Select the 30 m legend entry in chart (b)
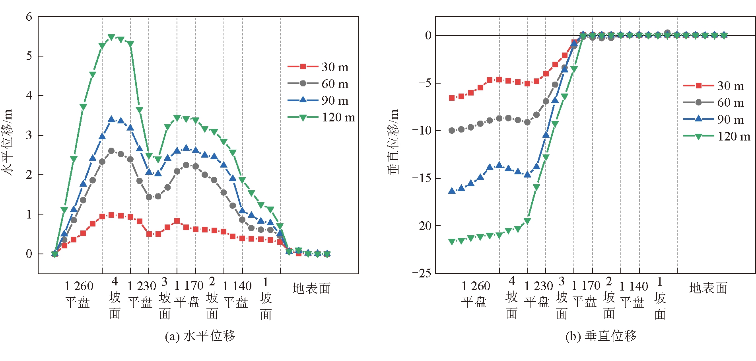tap(713, 86)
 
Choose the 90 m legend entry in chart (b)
tap(713, 119)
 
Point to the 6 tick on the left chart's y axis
tap(29, 17)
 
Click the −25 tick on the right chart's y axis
tap(422, 273)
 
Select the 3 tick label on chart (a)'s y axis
tap(29, 135)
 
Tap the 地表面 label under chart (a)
tap(311, 288)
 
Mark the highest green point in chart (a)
tap(111, 37)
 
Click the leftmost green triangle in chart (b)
tap(452, 242)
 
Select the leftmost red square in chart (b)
tap(452, 98)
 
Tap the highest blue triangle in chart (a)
tap(111, 119)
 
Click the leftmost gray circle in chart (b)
tap(452, 131)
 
